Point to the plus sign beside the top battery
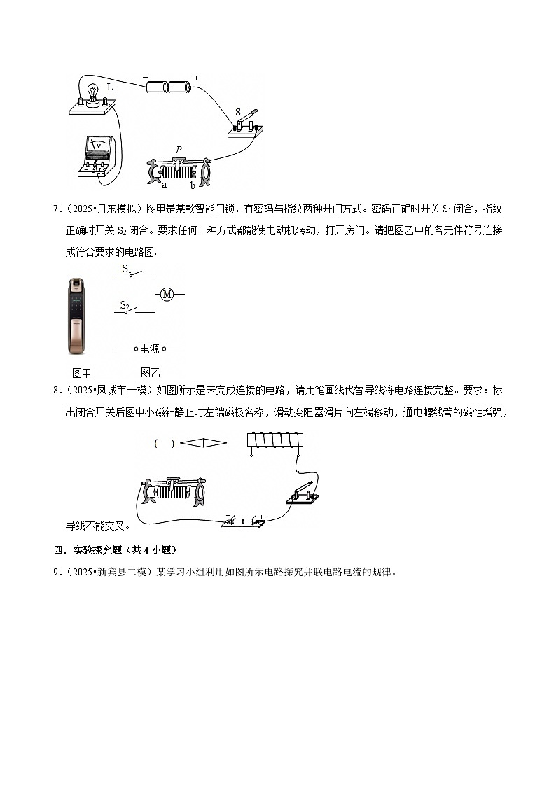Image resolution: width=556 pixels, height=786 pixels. (196, 78)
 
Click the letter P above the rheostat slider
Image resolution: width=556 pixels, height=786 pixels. (179, 149)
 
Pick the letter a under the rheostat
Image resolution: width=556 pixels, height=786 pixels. (165, 185)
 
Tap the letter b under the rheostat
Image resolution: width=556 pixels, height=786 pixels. (193, 185)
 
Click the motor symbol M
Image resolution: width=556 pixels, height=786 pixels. (167, 295)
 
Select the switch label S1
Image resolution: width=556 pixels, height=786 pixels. (127, 269)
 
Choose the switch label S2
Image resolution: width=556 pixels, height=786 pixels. (125, 304)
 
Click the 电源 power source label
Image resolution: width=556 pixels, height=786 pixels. (150, 349)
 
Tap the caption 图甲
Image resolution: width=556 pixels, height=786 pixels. (82, 373)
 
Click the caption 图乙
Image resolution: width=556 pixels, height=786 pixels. (150, 373)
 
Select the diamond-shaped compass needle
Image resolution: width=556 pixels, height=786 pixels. (204, 443)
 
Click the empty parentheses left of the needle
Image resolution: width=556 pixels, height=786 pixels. (165, 443)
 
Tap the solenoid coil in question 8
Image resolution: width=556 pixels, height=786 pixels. (274, 441)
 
